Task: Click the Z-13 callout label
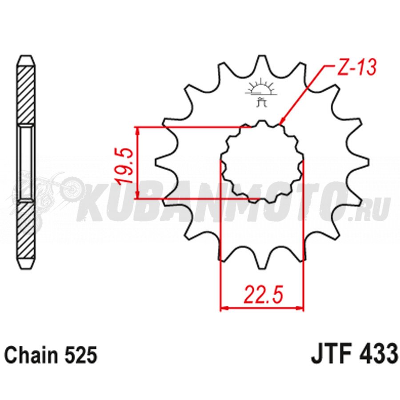[356, 68]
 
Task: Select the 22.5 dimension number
[264, 295]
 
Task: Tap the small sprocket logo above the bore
[261, 92]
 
